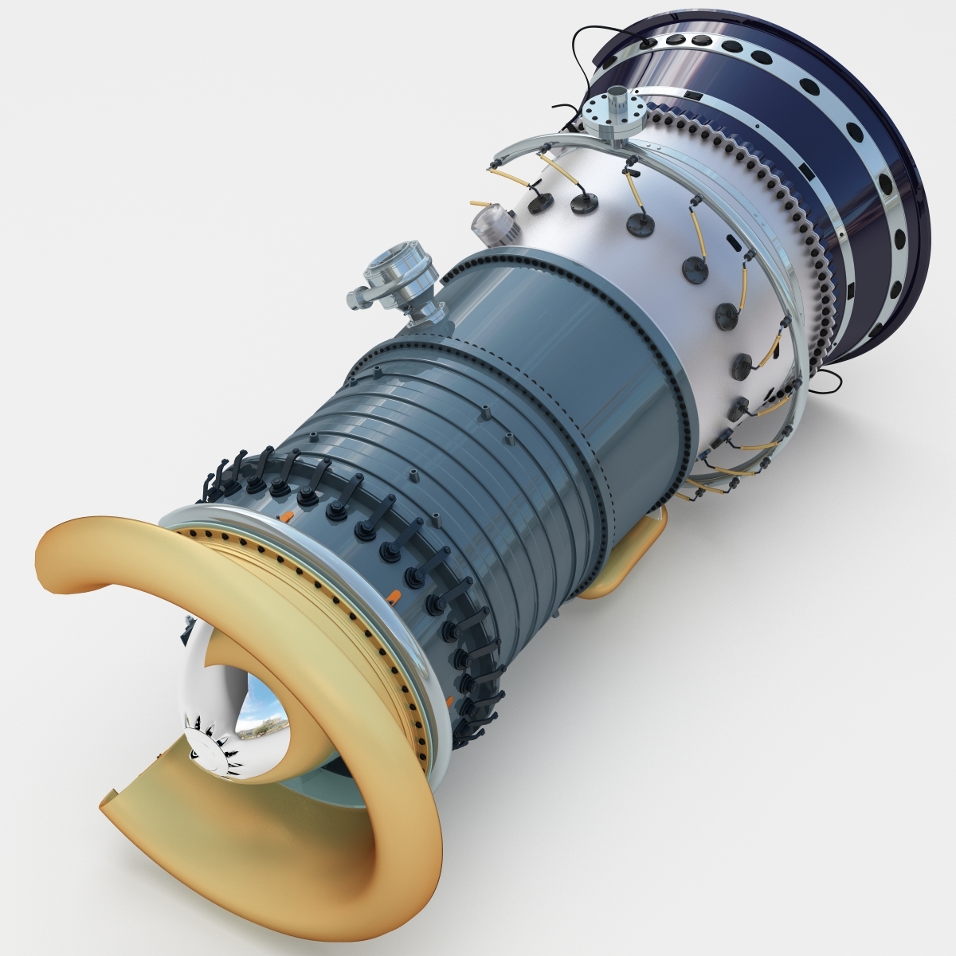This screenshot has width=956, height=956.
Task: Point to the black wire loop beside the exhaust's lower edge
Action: click(825, 382)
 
